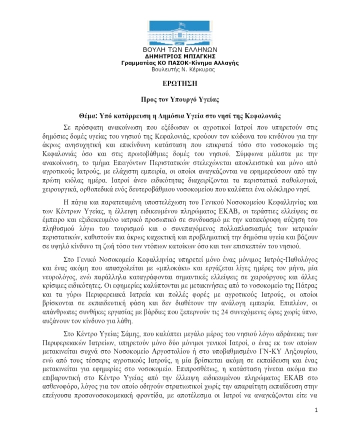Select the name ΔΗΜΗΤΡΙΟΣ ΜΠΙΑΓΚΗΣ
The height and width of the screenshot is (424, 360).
point(179,57)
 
